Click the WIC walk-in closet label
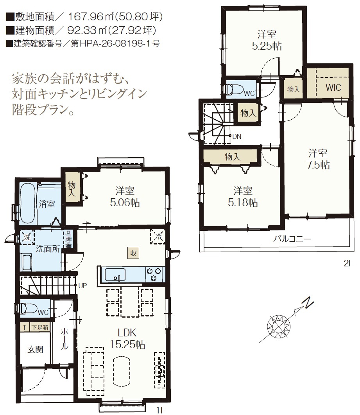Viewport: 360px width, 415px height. coord(333,87)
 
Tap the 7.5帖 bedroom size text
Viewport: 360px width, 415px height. coord(318,165)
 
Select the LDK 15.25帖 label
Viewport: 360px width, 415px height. coord(127,338)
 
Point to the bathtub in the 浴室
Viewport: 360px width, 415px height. coord(27,203)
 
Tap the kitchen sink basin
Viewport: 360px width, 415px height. coord(115,275)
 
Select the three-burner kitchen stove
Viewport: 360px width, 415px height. coord(154,275)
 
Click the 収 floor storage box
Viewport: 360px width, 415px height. coord(133,253)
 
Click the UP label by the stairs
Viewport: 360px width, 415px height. coord(82,286)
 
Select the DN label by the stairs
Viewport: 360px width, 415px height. coord(237,136)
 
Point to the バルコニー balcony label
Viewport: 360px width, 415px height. coord(292,239)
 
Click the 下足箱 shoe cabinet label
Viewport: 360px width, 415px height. coord(40,327)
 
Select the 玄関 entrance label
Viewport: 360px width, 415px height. coord(35,349)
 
